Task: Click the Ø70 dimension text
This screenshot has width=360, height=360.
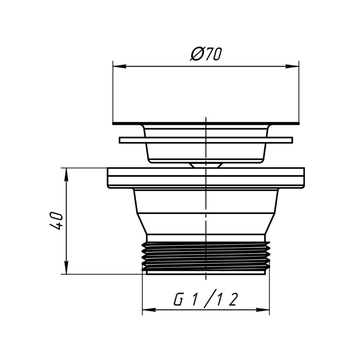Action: [x=206, y=54]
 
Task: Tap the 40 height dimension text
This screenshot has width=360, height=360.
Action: [x=56, y=221]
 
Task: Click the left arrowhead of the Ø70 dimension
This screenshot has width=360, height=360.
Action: [x=119, y=67]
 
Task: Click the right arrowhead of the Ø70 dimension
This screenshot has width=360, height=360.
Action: [x=292, y=67]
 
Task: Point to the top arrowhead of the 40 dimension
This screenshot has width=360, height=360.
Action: [x=66, y=175]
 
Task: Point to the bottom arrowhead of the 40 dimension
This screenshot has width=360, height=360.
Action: [x=66, y=267]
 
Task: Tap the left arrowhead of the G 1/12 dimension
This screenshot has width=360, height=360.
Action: [x=149, y=310]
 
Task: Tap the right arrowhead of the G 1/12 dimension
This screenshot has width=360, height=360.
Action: [x=263, y=310]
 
